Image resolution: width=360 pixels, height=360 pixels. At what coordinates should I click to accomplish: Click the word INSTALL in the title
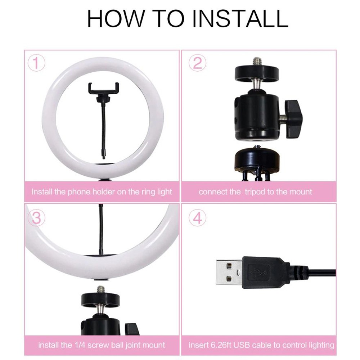[240, 19]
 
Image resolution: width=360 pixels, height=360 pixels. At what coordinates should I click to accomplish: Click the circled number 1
[36, 63]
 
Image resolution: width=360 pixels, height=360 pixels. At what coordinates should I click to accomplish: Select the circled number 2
[197, 63]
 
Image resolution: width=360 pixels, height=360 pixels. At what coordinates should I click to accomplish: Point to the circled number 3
[36, 218]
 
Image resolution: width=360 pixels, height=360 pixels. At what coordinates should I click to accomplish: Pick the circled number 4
[197, 218]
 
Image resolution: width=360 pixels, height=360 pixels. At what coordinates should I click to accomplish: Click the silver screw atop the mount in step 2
[256, 62]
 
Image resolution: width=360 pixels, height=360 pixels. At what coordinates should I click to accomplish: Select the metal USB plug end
[229, 272]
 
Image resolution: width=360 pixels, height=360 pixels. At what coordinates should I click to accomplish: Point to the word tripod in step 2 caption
[255, 192]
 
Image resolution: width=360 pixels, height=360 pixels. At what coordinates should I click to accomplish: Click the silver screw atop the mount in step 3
[100, 290]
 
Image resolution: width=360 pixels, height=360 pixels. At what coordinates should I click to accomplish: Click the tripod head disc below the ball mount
[257, 160]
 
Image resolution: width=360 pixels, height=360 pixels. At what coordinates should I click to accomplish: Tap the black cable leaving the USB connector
[321, 272]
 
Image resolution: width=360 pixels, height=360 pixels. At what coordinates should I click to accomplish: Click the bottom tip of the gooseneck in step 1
[104, 158]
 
